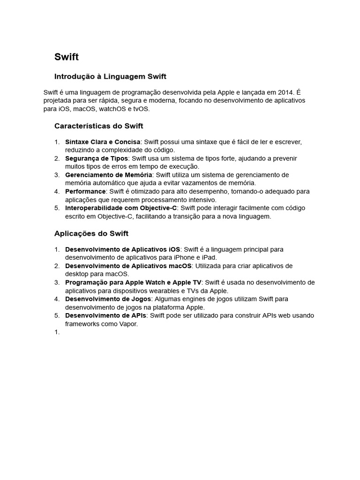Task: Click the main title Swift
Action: tap(67, 57)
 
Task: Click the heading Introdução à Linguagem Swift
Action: tap(110, 76)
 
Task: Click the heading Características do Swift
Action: tap(98, 126)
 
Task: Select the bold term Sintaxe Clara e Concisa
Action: tap(103, 142)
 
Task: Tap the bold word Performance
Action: tap(85, 191)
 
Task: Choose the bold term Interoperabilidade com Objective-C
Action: tap(121, 208)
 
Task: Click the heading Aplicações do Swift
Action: tap(91, 233)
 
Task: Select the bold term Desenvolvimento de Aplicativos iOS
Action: tap(123, 249)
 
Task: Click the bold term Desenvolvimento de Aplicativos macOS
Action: tap(128, 266)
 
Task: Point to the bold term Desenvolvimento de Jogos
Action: tap(108, 299)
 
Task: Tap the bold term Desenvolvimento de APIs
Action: tap(105, 315)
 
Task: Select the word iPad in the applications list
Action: tap(209, 257)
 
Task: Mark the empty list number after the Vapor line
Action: tap(57, 332)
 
